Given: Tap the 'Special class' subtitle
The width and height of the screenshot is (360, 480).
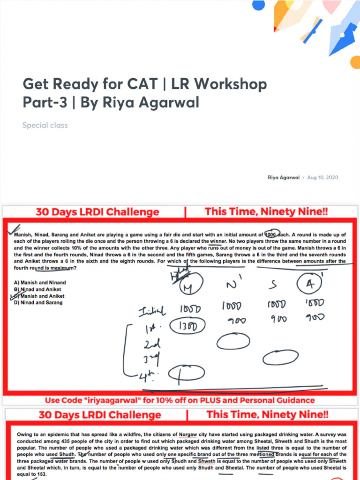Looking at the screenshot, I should (x=45, y=125).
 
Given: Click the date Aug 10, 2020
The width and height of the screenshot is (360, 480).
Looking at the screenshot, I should (x=322, y=178).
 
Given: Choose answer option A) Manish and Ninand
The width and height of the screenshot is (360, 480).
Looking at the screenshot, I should (x=40, y=283).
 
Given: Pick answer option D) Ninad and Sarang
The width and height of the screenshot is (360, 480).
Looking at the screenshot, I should (x=38, y=303).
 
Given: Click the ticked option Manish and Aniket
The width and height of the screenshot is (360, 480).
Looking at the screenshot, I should (x=40, y=296).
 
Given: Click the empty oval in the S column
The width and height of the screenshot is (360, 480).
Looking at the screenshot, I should (x=280, y=358).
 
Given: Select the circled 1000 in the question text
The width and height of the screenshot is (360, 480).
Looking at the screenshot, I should (x=272, y=234).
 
